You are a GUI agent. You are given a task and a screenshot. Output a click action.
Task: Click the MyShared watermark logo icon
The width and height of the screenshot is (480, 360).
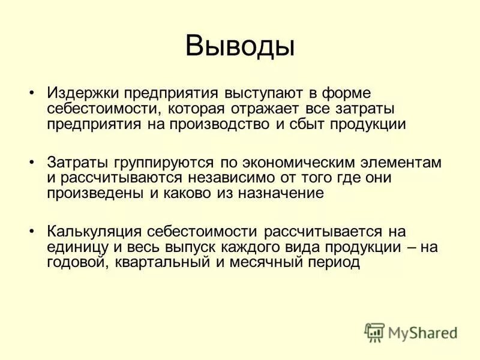pos(375,332)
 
